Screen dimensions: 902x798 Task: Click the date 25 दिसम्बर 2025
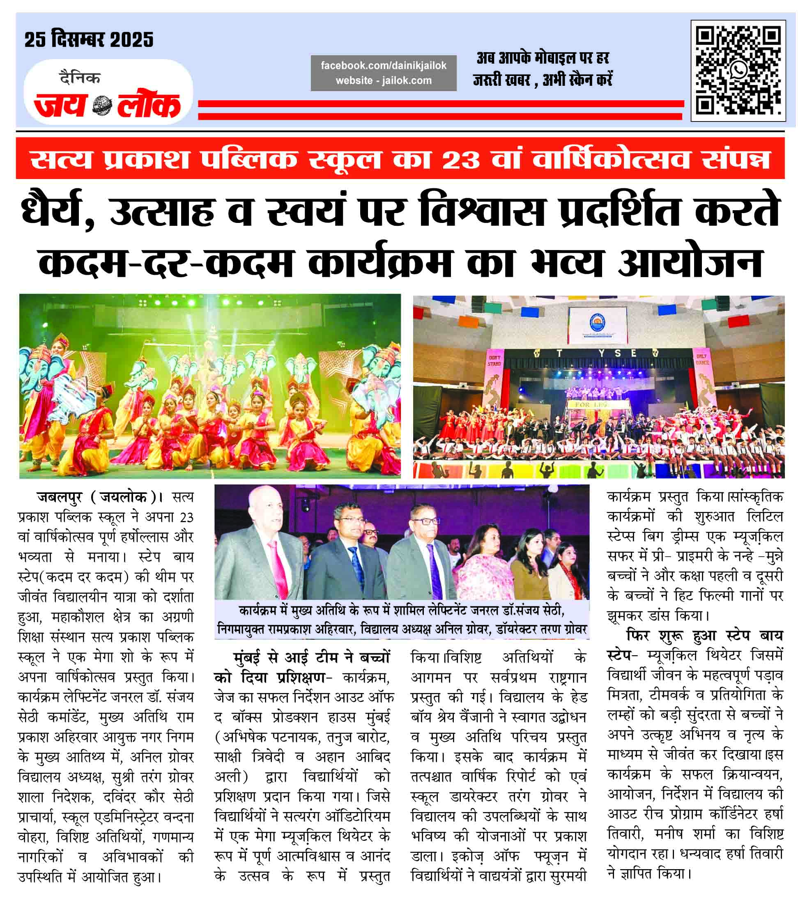[89, 40]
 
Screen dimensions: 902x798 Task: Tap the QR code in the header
[738, 71]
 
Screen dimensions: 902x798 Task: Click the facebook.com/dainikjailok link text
[383, 66]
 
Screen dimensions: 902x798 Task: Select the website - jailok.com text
[383, 81]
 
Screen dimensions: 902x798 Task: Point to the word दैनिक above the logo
[80, 78]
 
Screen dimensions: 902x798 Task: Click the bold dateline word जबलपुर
[60, 497]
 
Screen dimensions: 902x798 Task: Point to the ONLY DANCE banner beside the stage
[701, 360]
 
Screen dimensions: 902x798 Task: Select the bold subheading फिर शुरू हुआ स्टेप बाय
[704, 636]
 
